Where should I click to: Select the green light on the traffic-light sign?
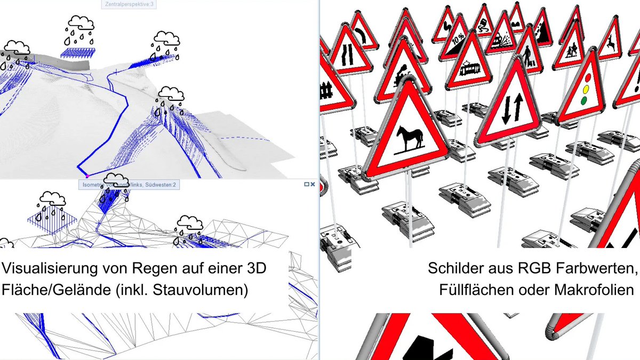click(585, 99)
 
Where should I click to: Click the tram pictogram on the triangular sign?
click(469, 68)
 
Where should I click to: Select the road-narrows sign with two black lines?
click(346, 53)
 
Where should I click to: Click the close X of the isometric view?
click(313, 184)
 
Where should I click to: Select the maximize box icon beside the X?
click(306, 184)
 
